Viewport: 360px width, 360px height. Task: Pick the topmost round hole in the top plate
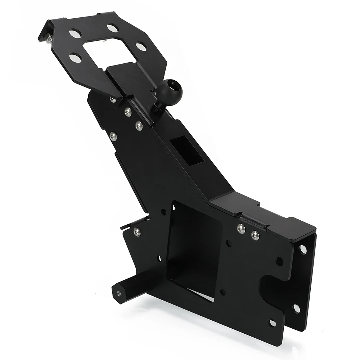click(112, 27)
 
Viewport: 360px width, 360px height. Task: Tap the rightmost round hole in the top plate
click(141, 47)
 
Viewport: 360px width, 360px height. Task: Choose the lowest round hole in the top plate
click(75, 58)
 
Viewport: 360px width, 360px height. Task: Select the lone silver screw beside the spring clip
click(137, 232)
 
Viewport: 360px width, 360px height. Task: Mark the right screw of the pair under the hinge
click(255, 236)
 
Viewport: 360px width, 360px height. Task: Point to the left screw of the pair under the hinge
click(241, 229)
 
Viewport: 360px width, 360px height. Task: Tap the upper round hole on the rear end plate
click(303, 249)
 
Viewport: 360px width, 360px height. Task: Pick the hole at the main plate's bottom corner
click(273, 323)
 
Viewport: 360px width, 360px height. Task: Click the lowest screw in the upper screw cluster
click(113, 136)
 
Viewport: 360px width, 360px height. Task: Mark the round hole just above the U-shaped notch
click(279, 261)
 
